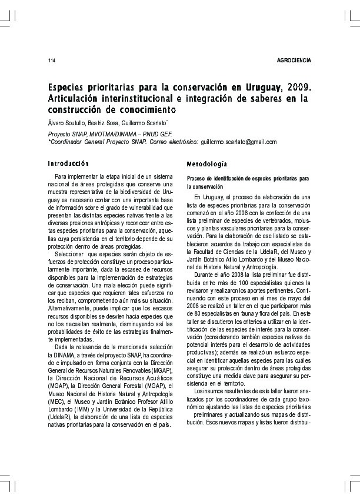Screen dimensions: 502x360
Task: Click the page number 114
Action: pos(51,61)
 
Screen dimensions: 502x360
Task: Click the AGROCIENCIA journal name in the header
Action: pos(293,61)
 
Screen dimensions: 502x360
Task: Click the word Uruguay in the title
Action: pos(256,88)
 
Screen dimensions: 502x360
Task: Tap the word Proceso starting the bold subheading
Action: pos(196,178)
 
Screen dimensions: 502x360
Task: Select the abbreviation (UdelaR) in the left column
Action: pos(59,416)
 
